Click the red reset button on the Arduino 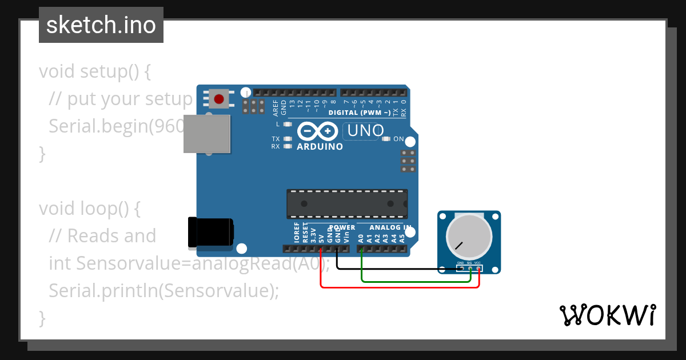point(218,99)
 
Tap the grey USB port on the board point(207,134)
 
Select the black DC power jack point(211,233)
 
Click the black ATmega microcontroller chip point(347,204)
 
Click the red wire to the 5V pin point(400,287)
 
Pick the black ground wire point(400,268)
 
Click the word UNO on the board point(365,131)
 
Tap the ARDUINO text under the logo point(320,146)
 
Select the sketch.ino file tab point(101,25)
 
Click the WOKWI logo point(607,315)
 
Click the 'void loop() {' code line point(90,209)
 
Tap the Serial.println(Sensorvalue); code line point(164,290)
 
